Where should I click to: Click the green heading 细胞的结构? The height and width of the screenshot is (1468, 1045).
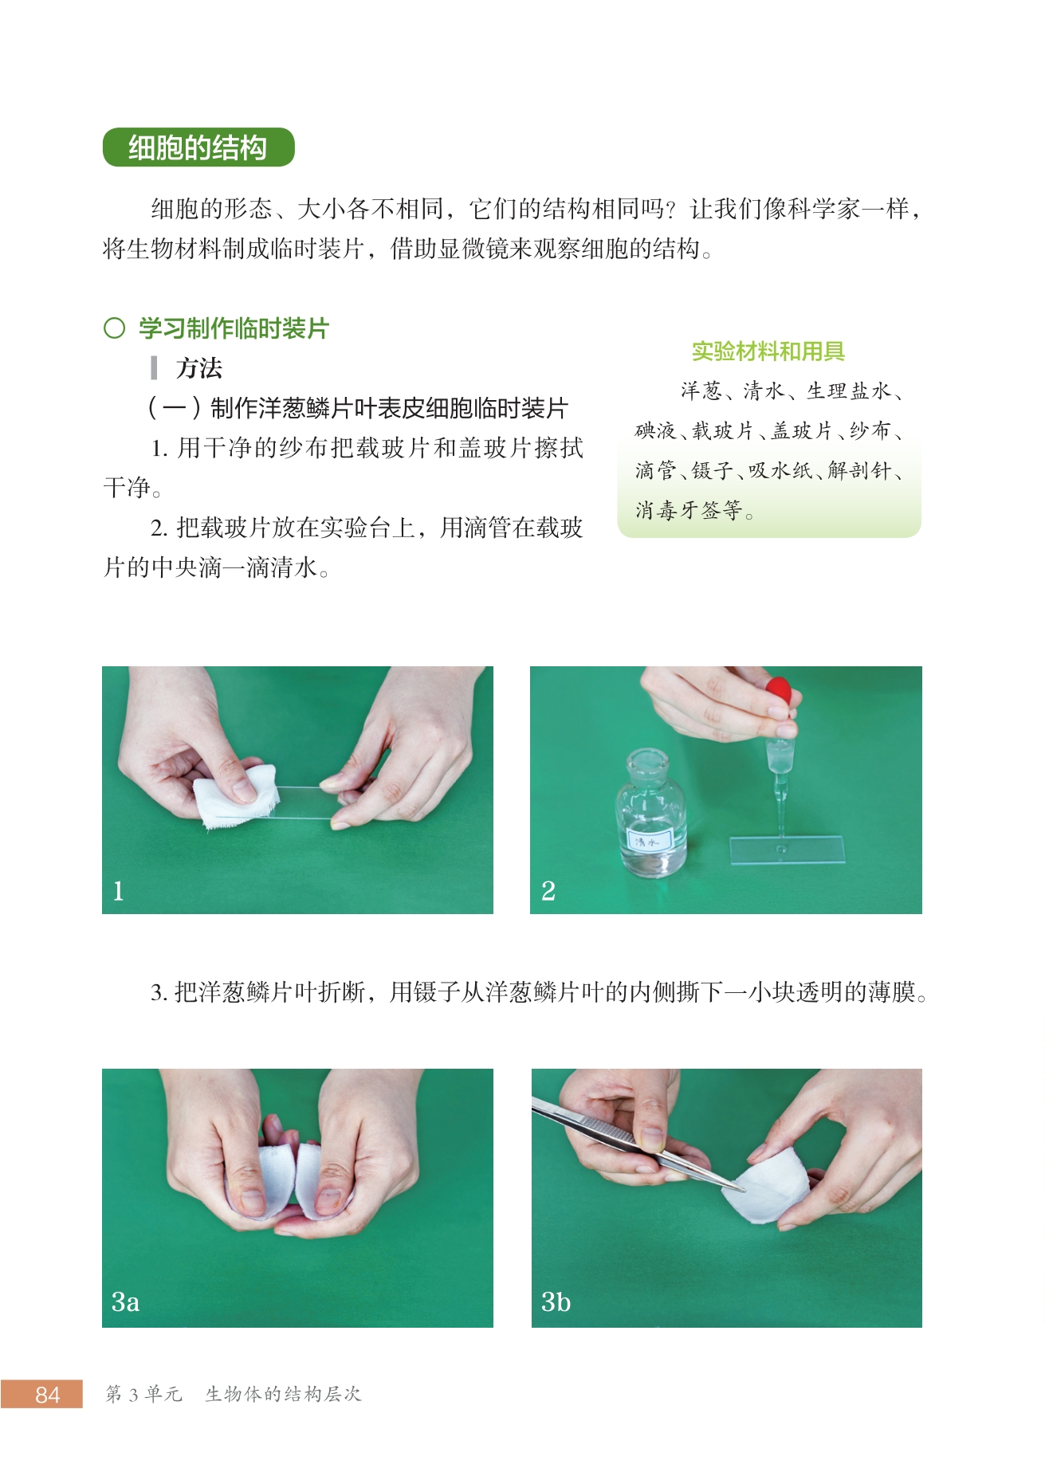point(198,147)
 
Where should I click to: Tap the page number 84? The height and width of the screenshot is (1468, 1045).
point(47,1394)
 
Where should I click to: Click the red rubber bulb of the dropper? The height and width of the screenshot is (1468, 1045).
point(780,692)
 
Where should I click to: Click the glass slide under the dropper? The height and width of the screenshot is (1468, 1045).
point(787,849)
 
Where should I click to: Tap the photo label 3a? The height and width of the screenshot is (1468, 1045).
point(125,1301)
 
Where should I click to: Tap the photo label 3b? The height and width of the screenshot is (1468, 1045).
point(556,1301)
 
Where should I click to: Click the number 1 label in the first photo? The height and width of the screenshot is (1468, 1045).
point(118,890)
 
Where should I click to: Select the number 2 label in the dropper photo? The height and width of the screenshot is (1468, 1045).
point(548,890)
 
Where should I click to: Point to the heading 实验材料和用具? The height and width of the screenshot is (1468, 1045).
point(768,351)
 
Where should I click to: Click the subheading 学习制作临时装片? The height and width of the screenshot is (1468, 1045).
point(234,328)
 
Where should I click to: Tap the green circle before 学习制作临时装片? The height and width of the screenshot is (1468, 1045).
point(114,328)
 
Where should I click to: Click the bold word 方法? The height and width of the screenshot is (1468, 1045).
point(198,368)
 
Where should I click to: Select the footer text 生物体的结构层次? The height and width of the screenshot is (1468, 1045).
point(283,1394)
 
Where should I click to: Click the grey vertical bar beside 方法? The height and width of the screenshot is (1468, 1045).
point(154,368)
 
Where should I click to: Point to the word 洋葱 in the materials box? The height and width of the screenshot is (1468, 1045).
point(701,391)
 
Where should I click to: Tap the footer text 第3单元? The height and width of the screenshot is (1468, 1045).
point(143,1394)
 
